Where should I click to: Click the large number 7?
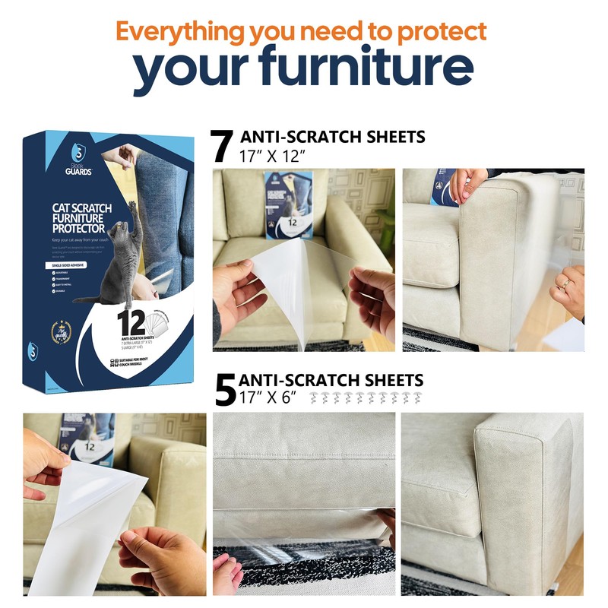pyautogui.click(x=222, y=147)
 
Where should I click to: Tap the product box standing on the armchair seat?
pyautogui.click(x=288, y=204)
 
